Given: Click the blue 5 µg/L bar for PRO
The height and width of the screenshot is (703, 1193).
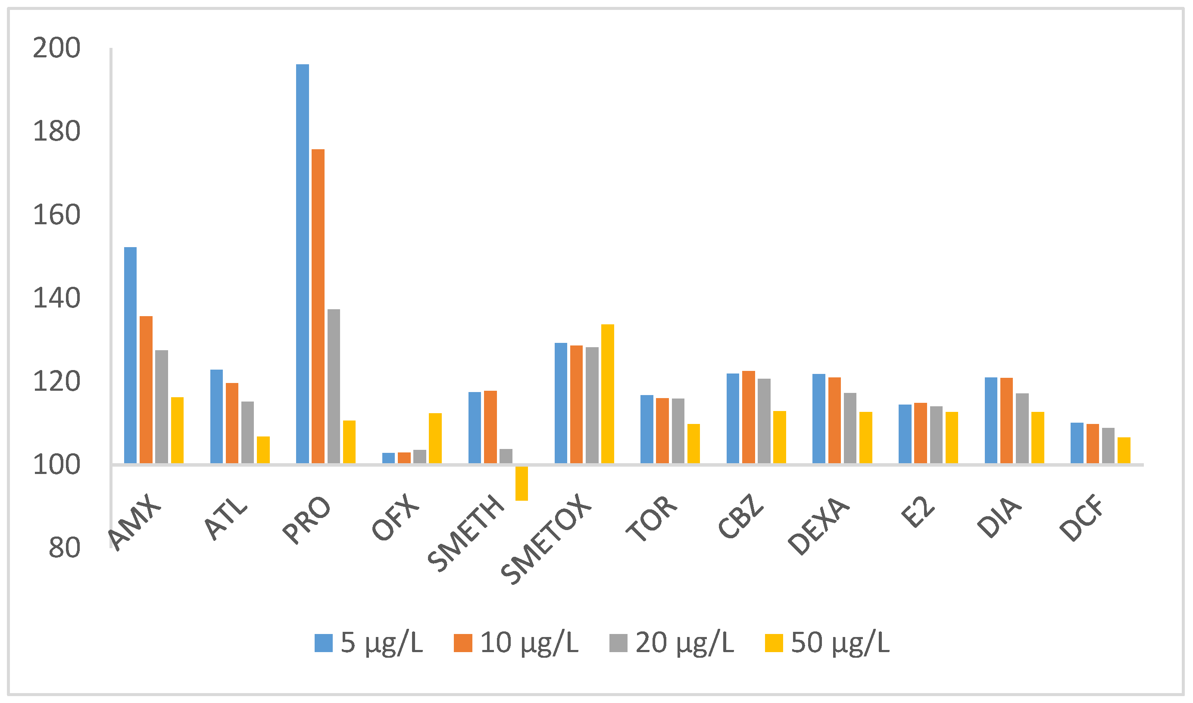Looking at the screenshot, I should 303,264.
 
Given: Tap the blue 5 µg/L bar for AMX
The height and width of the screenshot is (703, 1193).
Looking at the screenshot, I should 130,355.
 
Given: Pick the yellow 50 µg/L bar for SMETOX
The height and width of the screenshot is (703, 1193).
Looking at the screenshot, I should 607,394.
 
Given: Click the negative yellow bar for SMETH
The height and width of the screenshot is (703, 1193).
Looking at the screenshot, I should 521,483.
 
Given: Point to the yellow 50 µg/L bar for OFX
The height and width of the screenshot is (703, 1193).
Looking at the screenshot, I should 435,438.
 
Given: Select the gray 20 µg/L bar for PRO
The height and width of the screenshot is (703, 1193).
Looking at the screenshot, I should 333,386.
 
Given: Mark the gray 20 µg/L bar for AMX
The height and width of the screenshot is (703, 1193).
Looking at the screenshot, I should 162,406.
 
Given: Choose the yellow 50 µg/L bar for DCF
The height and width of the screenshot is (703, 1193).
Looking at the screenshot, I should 1124,450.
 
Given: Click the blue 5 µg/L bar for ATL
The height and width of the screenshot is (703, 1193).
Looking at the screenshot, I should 216,416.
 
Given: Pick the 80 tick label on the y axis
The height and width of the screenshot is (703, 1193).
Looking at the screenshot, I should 64,549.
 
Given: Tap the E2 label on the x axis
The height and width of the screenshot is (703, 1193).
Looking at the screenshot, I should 917,512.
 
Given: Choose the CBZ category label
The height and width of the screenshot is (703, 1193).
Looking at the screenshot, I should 740,517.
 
